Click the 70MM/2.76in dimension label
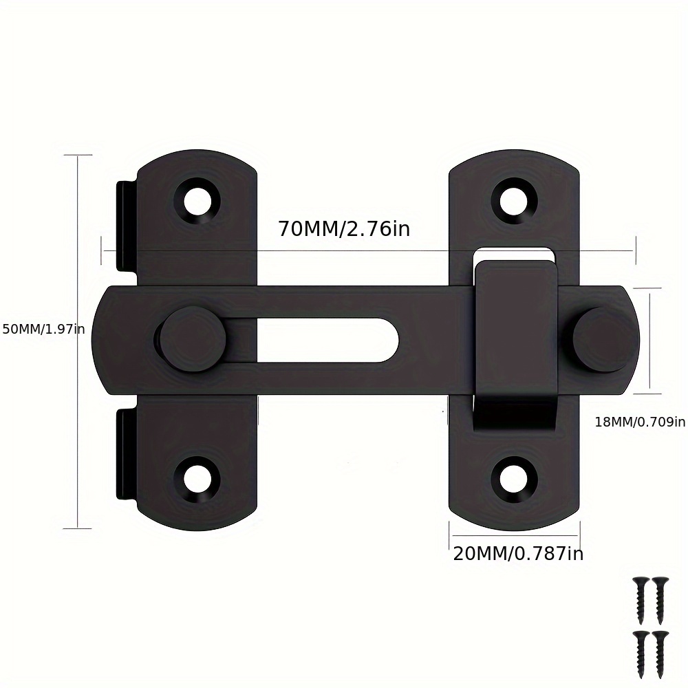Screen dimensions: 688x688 343,228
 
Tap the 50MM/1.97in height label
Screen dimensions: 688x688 43,330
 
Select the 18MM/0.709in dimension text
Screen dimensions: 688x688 640,422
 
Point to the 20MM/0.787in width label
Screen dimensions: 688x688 517,553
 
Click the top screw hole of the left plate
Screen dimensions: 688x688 198,201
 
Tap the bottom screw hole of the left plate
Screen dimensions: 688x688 198,477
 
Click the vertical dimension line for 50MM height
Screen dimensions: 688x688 78,413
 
